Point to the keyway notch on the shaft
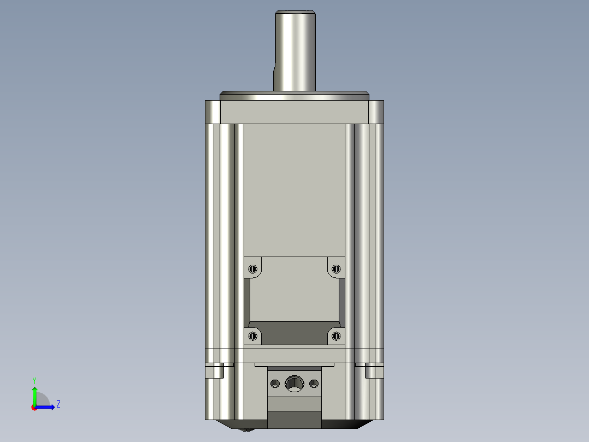(x=275, y=71)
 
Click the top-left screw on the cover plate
(x=252, y=269)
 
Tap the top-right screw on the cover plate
(x=336, y=269)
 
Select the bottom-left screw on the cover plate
(x=252, y=336)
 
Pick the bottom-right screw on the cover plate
(x=336, y=336)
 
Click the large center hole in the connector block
(x=294, y=383)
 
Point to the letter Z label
(x=58, y=404)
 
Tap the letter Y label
(x=34, y=380)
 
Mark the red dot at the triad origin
(x=34, y=408)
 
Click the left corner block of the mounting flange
(x=213, y=112)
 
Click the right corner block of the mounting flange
(x=376, y=112)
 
